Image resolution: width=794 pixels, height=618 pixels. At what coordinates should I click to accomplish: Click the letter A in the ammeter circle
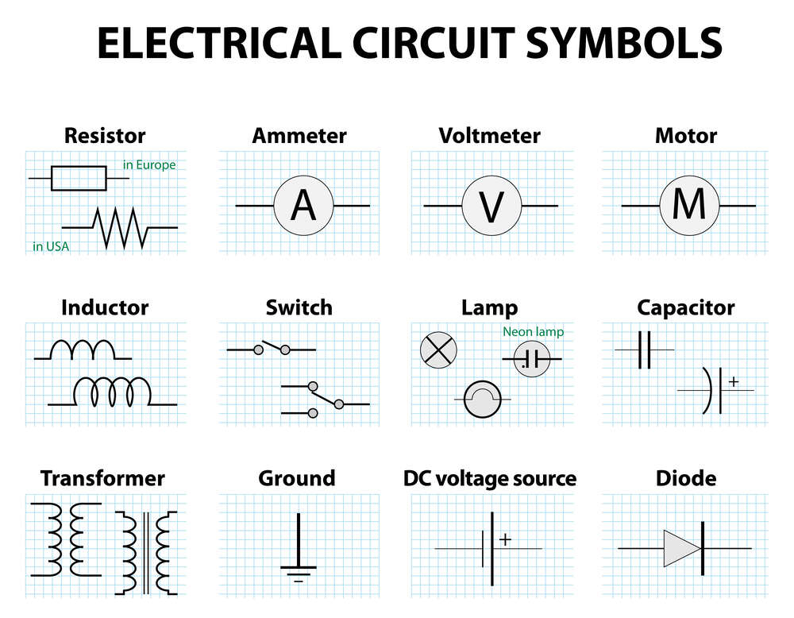(x=303, y=207)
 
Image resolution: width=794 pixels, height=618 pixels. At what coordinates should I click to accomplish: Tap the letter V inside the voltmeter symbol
(x=492, y=207)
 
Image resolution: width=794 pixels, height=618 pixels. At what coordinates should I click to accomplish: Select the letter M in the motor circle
(x=688, y=206)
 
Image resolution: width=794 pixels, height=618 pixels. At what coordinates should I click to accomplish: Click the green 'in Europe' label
(x=149, y=165)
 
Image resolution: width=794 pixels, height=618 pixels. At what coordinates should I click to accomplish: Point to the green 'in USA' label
(x=51, y=246)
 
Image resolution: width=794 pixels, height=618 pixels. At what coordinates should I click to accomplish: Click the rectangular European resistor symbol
(x=79, y=178)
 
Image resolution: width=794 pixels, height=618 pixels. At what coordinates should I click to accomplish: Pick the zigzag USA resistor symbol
(x=119, y=227)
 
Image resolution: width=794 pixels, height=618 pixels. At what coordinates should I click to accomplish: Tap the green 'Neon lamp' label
(x=533, y=332)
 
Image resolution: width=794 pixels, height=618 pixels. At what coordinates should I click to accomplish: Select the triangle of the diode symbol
(x=681, y=548)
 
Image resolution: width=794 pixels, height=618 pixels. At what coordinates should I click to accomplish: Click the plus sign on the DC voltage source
(x=505, y=539)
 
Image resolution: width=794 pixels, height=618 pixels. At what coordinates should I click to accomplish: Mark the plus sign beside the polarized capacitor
(x=733, y=382)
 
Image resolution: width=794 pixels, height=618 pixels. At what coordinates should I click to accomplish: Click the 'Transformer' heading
(x=102, y=478)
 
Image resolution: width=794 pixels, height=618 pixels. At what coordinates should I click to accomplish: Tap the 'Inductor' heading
(x=105, y=307)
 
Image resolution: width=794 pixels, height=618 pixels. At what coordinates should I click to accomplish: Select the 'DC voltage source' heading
(x=490, y=478)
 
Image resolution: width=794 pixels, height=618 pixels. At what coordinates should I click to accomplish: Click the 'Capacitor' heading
(x=686, y=307)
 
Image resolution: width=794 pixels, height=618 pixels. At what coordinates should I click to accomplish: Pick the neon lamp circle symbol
(x=531, y=359)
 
